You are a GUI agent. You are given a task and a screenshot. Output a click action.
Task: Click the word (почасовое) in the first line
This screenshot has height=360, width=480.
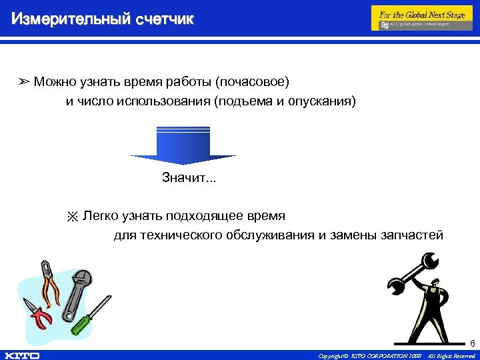tap(252, 82)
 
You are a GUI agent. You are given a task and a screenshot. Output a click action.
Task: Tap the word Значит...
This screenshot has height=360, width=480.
tap(184, 178)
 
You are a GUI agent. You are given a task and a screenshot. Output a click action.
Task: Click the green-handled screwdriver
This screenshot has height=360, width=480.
tap(91, 316)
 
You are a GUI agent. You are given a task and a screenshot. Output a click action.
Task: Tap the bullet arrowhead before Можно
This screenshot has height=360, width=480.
tap(24, 83)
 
